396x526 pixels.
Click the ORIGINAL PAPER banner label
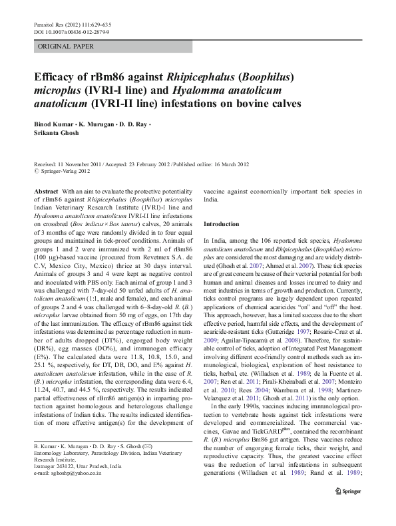[66, 47]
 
